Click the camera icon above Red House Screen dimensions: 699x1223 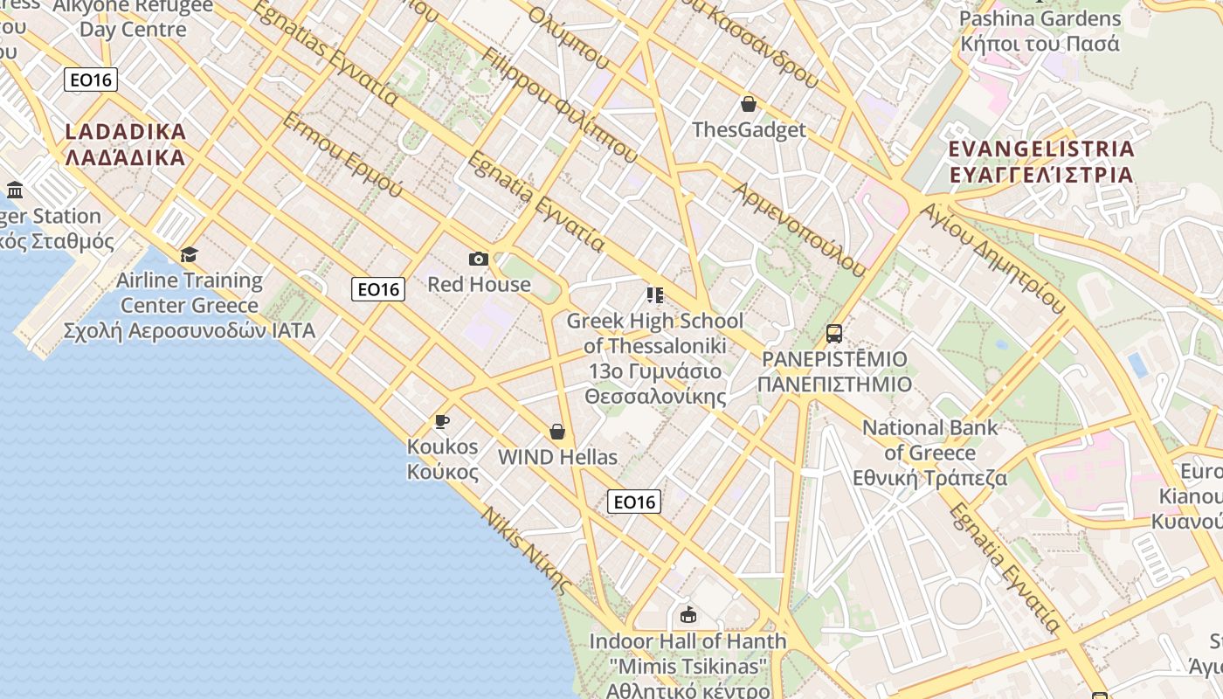[x=478, y=259]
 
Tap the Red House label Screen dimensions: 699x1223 [x=479, y=284]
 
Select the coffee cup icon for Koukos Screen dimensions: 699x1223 [x=442, y=422]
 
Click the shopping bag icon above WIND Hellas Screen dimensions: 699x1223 [x=557, y=432]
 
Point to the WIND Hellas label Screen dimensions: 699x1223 [x=557, y=457]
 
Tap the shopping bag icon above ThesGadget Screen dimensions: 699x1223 [x=749, y=105]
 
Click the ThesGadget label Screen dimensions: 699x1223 [x=749, y=130]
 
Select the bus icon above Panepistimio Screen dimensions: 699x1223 [x=834, y=333]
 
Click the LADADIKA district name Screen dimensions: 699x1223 [x=126, y=144]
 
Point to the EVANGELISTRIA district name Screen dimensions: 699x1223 [x=1041, y=161]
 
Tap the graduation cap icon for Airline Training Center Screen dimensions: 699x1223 [x=189, y=254]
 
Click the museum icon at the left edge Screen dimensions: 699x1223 [x=15, y=190]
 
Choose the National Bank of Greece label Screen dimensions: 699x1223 [x=929, y=453]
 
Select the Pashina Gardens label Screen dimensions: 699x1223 [x=1040, y=31]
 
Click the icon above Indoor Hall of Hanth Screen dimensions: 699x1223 [x=688, y=614]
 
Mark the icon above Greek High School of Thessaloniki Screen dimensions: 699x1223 [x=654, y=295]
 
